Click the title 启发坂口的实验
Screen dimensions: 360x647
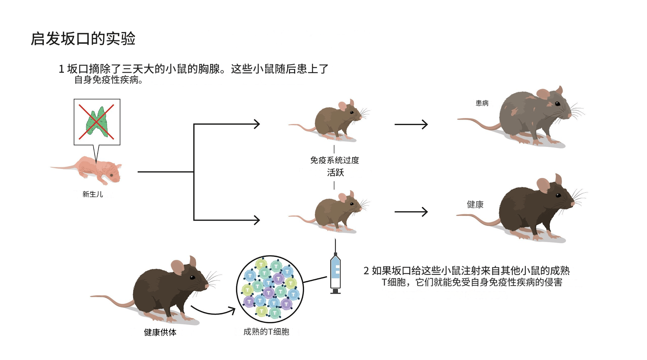point(83,39)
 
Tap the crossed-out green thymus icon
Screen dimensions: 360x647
point(97,122)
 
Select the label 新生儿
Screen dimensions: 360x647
point(93,194)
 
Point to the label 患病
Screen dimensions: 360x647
point(482,103)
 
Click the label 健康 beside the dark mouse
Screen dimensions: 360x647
point(475,205)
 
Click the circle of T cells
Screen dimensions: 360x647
point(270,289)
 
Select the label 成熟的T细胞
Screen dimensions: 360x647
point(266,332)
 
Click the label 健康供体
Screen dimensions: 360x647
point(160,332)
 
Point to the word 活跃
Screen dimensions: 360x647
point(335,172)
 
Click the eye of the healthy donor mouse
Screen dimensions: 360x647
point(193,277)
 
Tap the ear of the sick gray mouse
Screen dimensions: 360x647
point(543,94)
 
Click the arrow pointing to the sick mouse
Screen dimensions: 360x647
point(411,124)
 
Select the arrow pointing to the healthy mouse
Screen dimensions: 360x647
point(411,212)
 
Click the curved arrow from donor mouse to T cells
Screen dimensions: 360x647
point(214,312)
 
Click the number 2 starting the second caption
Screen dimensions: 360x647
point(366,271)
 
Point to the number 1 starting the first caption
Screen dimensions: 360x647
point(61,69)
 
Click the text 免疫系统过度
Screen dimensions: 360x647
point(334,160)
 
